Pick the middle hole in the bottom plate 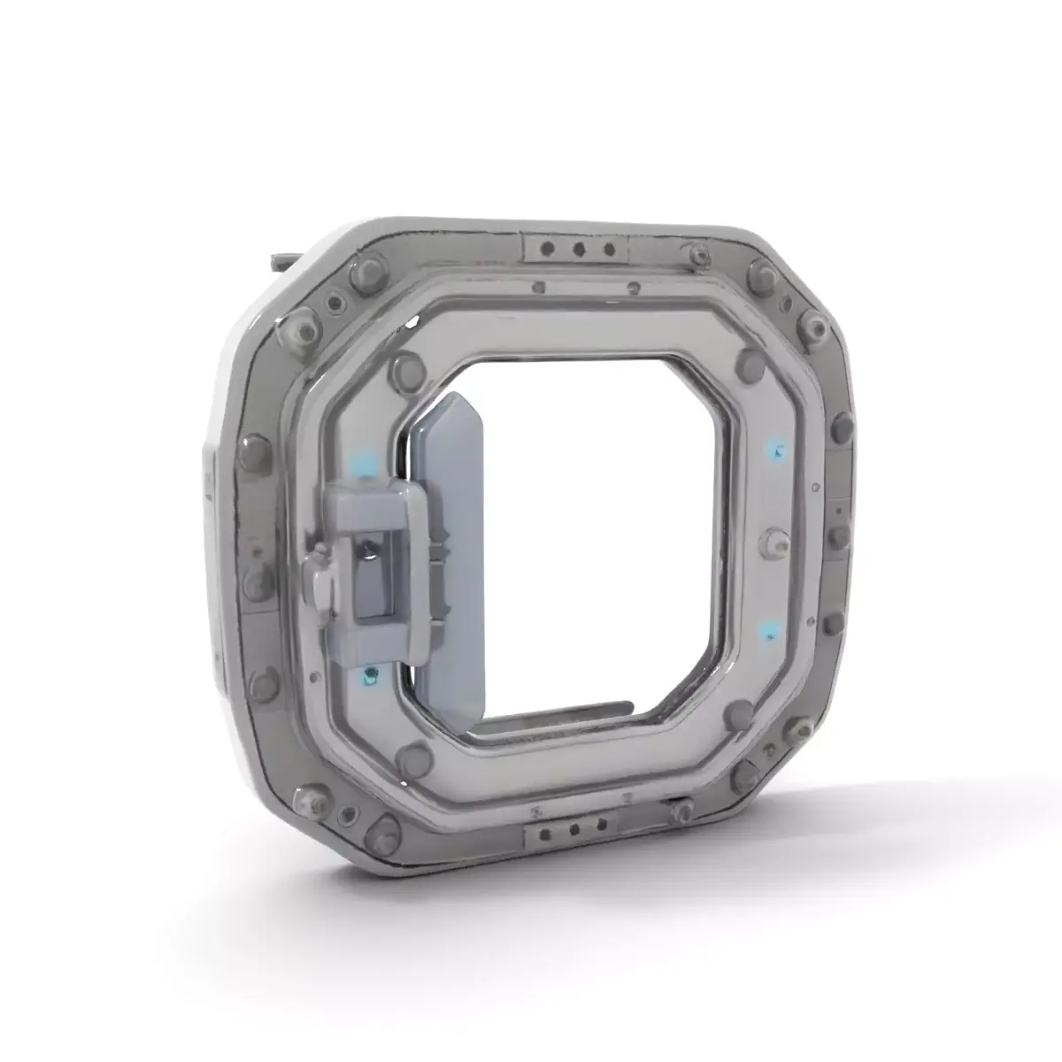pyautogui.click(x=576, y=829)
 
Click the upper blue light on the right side pyautogui.click(x=776, y=449)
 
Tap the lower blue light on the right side pyautogui.click(x=769, y=630)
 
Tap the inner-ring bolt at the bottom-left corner pyautogui.click(x=411, y=755)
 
